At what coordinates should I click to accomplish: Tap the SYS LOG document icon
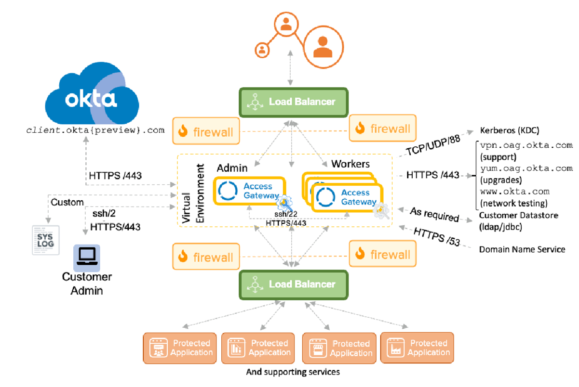[x=45, y=239]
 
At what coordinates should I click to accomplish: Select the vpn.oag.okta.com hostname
[x=526, y=145]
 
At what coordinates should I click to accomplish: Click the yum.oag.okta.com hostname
[x=526, y=168]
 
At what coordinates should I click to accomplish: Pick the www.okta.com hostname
[x=515, y=191]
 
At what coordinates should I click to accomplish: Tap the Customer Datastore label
[x=518, y=215]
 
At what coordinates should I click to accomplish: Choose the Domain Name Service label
[x=522, y=249]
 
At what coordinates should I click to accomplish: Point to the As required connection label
[x=434, y=215]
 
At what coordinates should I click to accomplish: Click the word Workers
[x=350, y=164]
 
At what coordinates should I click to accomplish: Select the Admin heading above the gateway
[x=232, y=168]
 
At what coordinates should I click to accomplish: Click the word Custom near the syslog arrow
[x=67, y=202]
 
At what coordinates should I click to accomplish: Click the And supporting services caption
[x=293, y=372]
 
